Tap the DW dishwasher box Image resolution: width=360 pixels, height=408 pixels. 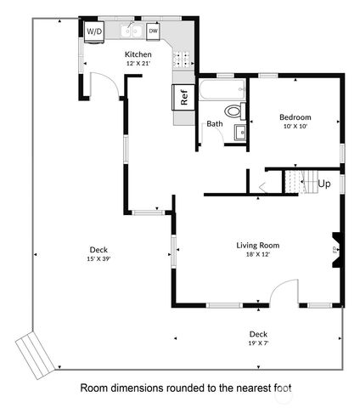point(154,31)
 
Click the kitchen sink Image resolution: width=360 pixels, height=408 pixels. point(131,33)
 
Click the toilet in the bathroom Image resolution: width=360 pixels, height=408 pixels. point(232,110)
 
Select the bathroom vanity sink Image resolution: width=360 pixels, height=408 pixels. point(239,132)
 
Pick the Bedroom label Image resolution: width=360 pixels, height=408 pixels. point(295,116)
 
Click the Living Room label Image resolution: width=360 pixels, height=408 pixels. point(257,245)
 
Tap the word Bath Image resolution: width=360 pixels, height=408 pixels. point(215,124)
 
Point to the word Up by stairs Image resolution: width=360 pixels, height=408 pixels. point(323,183)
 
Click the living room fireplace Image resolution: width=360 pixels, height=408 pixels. point(336,250)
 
